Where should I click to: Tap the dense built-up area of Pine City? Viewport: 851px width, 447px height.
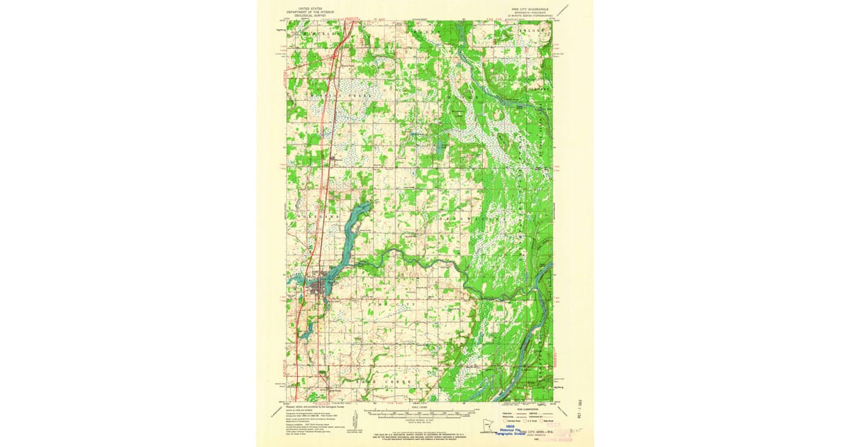click(323, 287)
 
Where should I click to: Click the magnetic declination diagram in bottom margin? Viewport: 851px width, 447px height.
click(360, 429)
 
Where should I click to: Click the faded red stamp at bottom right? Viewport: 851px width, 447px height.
click(564, 432)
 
